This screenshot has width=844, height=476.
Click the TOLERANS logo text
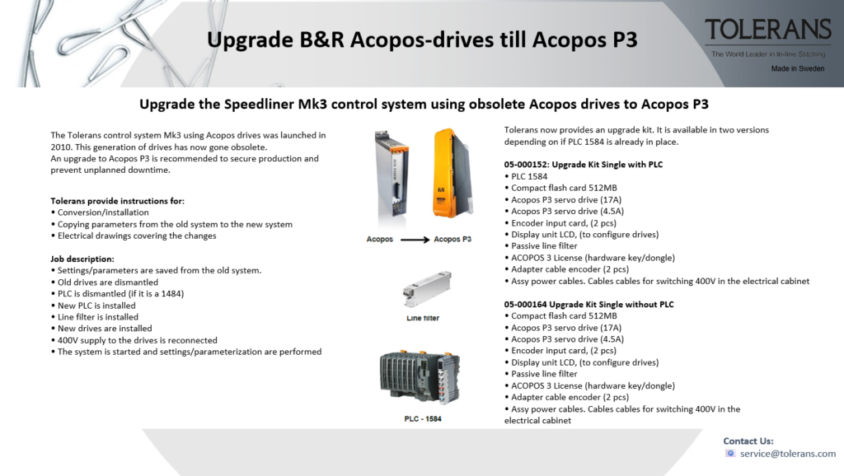[767, 30]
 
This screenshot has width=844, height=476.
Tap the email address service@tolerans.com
[787, 454]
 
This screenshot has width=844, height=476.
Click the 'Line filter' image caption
[420, 317]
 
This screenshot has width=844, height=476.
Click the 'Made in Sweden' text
[797, 69]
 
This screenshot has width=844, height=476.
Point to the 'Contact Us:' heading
[748, 441]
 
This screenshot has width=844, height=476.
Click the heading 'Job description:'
[82, 259]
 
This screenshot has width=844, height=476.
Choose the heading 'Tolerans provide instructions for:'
[118, 201]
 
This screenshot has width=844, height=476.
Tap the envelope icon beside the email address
[730, 454]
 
